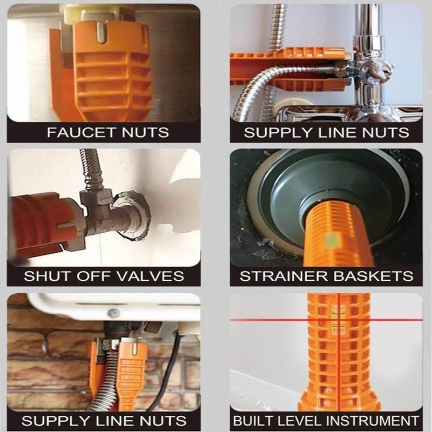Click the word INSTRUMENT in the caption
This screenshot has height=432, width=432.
coord(374,421)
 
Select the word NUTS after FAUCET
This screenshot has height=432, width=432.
coord(145,132)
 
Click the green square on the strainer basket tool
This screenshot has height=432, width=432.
coord(332,240)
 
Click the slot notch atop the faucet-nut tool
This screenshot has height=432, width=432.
coord(102,32)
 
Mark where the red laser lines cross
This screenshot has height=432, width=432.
coord(339,320)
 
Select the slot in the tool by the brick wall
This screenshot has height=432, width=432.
coord(134,348)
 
